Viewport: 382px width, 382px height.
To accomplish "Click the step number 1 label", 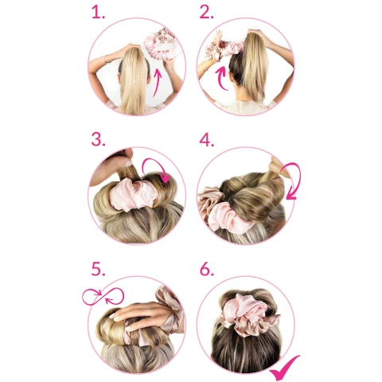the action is (98, 12).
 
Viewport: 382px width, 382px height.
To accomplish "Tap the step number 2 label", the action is (206, 12).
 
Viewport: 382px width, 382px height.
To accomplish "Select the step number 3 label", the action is (98, 139).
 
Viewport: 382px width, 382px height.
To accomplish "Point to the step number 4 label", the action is (207, 139).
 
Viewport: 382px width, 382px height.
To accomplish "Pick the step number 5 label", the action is (98, 269).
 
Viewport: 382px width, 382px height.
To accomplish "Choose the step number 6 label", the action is (207, 269).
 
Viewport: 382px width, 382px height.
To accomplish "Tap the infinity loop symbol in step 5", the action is (103, 296).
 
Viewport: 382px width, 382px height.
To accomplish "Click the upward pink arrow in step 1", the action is (158, 82).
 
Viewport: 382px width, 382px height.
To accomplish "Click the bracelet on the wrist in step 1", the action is (106, 59).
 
